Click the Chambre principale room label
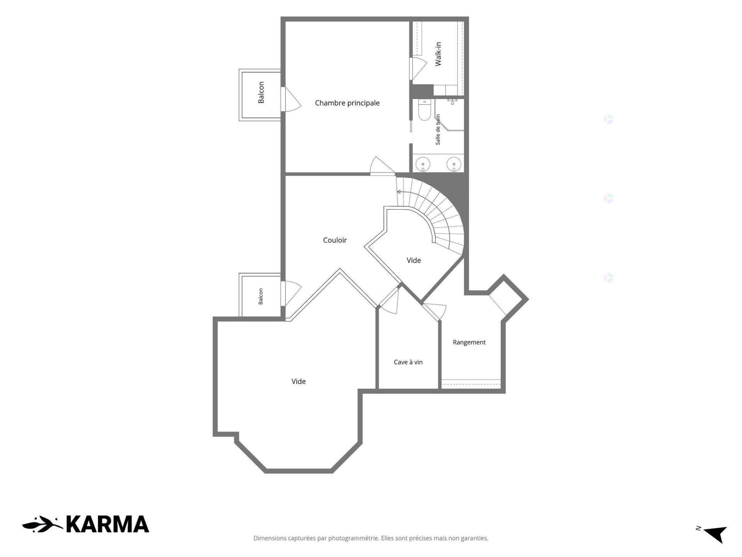347,103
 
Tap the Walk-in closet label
438,54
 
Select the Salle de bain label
438,130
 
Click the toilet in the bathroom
424,111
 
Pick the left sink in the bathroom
423,164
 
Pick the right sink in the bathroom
454,164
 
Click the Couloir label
335,240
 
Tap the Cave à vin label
408,362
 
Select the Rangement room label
469,342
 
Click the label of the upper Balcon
261,92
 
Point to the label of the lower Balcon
261,296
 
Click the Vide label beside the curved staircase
414,260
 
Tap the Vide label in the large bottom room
298,381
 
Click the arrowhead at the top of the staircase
398,192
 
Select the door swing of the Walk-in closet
418,69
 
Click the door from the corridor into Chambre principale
382,166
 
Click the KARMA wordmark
107,524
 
